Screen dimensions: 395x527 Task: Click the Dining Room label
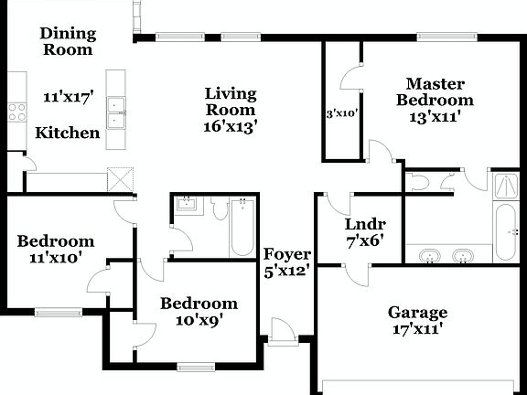67,42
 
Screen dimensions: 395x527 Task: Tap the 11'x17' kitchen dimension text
69,95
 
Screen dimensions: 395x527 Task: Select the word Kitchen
68,133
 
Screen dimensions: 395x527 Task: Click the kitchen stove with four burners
16,112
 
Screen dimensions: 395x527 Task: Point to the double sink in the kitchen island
116,110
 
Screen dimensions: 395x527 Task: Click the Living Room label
231,101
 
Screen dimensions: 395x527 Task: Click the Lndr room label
364,224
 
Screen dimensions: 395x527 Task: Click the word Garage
417,312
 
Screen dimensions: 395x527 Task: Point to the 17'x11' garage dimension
417,328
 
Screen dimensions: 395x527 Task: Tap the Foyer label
287,253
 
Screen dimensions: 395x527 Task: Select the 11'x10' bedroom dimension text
56,258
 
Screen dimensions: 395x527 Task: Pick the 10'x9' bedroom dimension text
199,320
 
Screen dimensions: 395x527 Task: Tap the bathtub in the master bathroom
505,231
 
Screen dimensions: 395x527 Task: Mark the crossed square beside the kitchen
120,178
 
